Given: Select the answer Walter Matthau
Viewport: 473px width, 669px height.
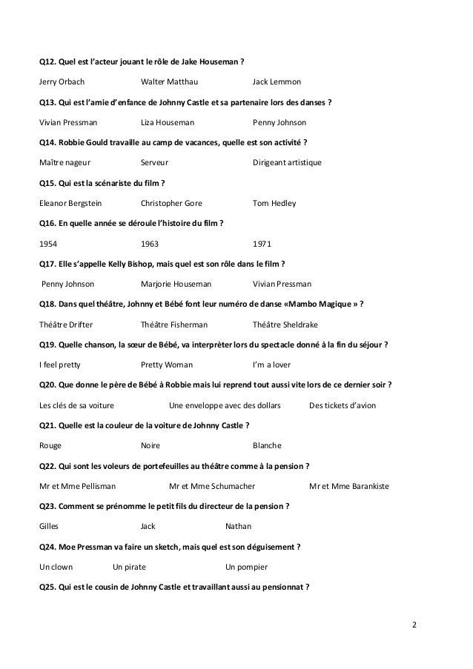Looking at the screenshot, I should click(169, 81).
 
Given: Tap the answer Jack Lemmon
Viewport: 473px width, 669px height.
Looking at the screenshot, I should click(277, 81).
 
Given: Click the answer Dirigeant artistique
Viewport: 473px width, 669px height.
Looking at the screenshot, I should click(287, 162).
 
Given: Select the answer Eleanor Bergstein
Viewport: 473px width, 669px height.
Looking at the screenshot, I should click(70, 202).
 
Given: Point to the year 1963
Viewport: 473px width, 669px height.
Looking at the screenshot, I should click(149, 243).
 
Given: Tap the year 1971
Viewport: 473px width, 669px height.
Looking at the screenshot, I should click(262, 243).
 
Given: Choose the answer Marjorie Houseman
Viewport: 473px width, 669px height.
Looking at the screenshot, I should click(176, 284).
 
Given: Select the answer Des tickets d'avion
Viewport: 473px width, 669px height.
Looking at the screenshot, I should click(342, 405).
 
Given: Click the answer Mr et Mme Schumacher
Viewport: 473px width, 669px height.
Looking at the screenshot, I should click(212, 486).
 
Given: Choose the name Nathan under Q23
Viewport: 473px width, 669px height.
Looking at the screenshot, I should click(238, 527).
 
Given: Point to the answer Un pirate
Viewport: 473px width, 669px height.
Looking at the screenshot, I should click(129, 568).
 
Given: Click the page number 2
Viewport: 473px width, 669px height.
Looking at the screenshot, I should click(414, 624).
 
